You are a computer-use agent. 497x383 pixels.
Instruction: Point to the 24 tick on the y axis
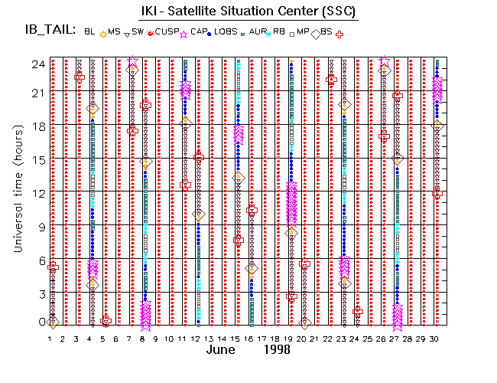37,64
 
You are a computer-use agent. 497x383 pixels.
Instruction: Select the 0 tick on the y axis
40,322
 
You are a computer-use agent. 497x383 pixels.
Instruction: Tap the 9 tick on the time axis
40,226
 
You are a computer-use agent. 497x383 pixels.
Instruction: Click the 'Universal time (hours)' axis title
17,191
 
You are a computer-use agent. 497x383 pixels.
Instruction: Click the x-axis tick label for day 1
50,338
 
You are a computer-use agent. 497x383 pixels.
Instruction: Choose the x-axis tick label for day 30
436,338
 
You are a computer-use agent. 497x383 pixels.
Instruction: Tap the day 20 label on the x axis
304,338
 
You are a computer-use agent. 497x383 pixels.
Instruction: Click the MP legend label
322,31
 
